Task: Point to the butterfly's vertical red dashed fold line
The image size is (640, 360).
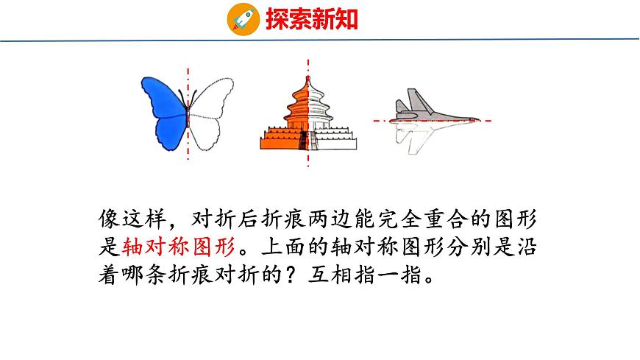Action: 188,147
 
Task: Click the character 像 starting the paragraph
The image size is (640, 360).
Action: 107,219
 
